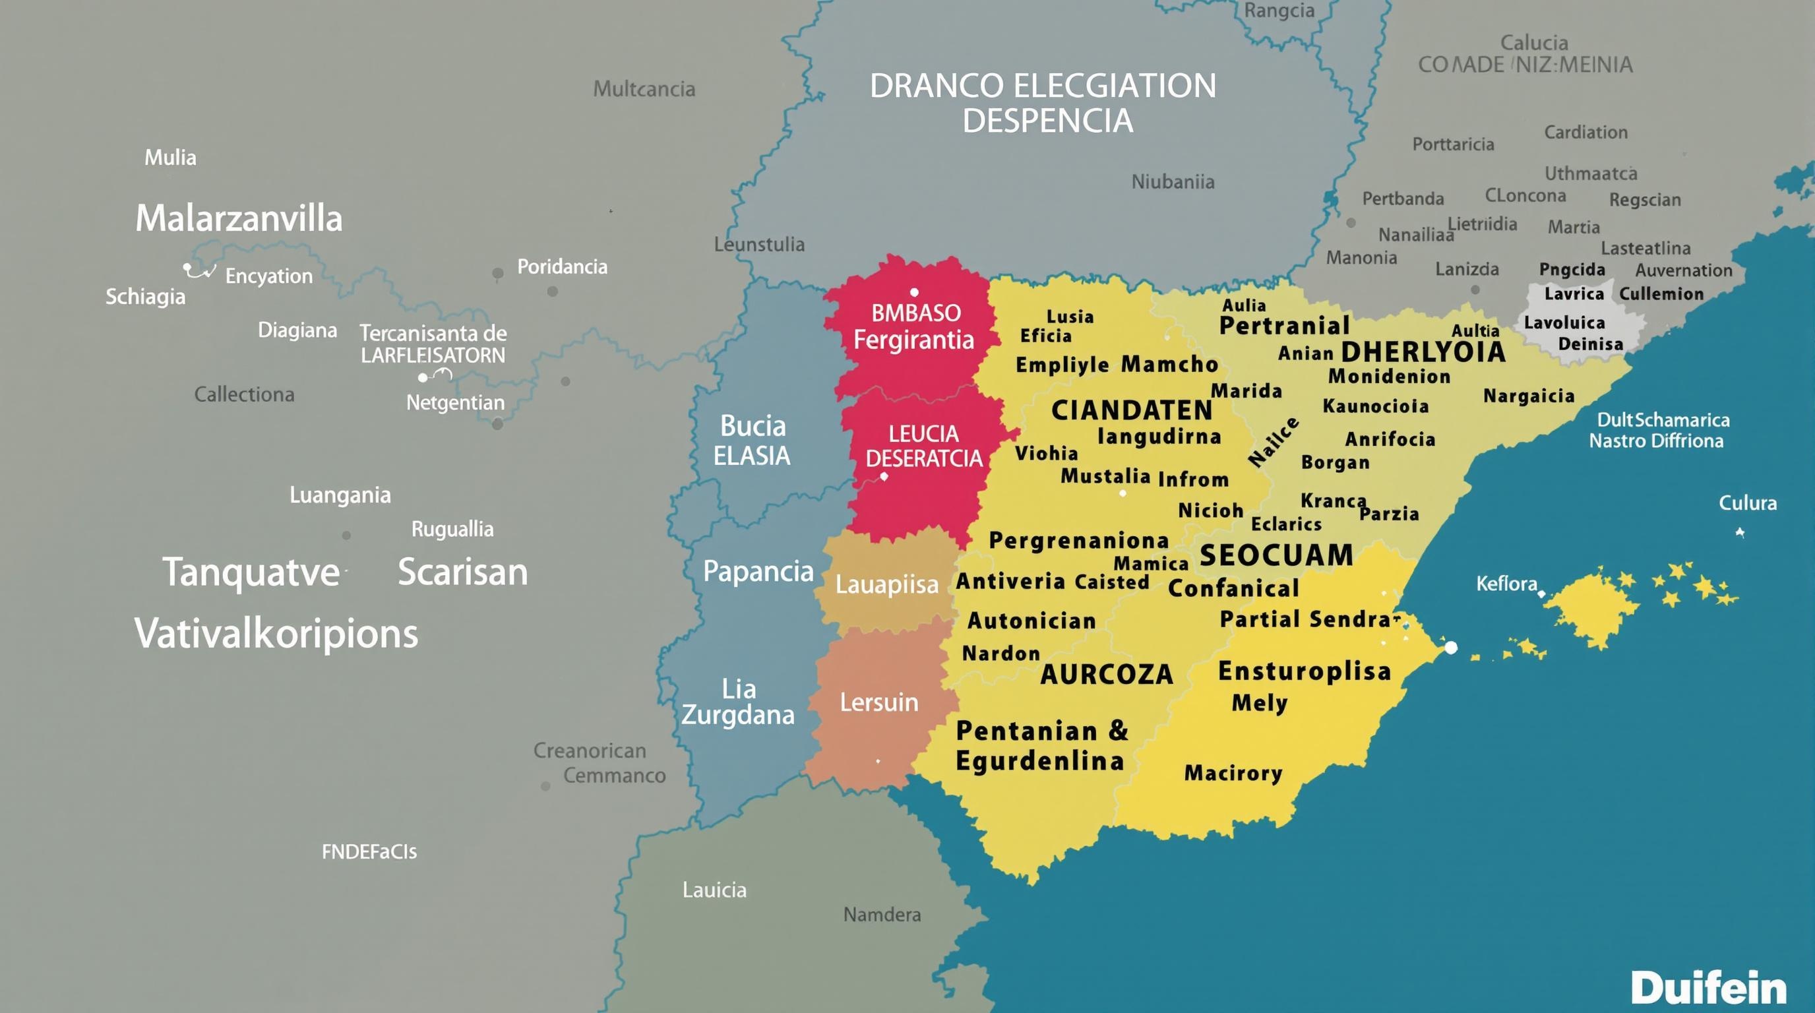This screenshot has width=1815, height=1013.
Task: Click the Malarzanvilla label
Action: pos(239,218)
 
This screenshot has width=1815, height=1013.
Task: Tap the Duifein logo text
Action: pos(1708,988)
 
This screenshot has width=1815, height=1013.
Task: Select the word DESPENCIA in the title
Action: pos(1048,121)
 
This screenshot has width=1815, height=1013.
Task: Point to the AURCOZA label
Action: pos(1106,675)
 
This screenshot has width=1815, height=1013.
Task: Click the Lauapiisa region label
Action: pos(886,585)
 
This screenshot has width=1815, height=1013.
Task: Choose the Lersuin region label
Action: pos(878,702)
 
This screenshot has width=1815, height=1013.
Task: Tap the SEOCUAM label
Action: pos(1276,556)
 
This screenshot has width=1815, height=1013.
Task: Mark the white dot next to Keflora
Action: pos(1541,594)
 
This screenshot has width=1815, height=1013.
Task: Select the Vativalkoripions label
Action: pos(276,634)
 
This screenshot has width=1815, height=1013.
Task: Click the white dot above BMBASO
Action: pos(914,292)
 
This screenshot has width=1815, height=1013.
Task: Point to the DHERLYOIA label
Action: pos(1423,352)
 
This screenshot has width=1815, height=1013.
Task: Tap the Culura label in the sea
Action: pos(1747,503)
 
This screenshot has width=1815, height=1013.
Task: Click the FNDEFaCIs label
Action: pos(369,851)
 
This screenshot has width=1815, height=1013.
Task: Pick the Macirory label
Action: pos(1233,773)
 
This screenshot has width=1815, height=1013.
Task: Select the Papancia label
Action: pos(758,571)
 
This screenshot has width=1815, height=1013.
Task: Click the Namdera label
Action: pos(882,914)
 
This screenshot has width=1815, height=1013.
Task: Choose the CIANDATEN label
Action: pos(1132,410)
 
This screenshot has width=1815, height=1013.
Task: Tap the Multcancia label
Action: pos(644,89)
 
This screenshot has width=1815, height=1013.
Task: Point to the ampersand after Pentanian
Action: pos(1119,731)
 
